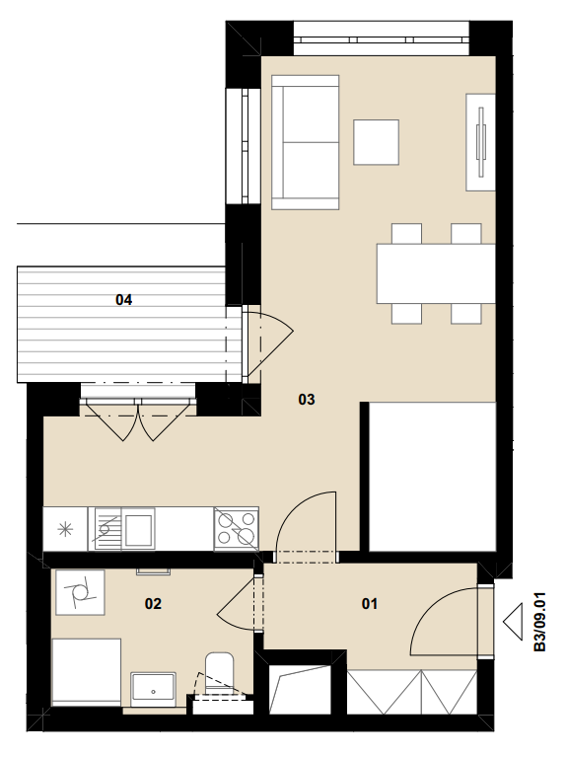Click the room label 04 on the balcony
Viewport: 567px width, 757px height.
123,300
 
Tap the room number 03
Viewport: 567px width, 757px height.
307,400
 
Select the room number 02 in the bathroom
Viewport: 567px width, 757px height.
153,603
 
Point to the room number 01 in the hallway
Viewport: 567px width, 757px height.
369,603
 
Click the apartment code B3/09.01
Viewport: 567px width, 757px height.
540,622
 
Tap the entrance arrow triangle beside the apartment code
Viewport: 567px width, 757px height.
513,622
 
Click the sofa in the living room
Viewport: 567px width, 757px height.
306,142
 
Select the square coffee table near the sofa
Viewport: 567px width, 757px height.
376,142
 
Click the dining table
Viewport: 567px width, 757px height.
436,273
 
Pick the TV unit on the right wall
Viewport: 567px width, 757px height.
480,142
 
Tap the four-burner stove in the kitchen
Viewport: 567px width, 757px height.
236,529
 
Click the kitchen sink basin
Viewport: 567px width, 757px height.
138,529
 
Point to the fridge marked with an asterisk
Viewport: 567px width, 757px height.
65,529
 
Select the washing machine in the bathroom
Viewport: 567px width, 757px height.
80,592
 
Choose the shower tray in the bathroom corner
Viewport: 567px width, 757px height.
86,672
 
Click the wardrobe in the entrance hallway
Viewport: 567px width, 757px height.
412,691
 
